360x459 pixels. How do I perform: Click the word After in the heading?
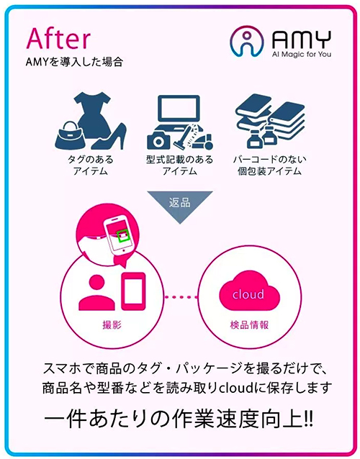[58, 38]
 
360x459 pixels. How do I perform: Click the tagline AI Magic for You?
[302, 54]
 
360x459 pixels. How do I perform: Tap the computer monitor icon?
[179, 109]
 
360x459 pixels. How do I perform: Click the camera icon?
[158, 141]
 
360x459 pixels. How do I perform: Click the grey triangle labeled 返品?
[180, 204]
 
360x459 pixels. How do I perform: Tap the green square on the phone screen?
[122, 236]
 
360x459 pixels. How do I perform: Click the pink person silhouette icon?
[96, 292]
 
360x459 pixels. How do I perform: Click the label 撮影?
[112, 324]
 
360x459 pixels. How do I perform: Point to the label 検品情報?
[249, 324]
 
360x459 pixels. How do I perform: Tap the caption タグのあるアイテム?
[91, 165]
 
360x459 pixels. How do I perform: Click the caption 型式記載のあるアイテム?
[179, 165]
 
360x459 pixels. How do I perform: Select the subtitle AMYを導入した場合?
[74, 62]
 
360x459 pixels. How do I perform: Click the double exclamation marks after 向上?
[308, 420]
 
